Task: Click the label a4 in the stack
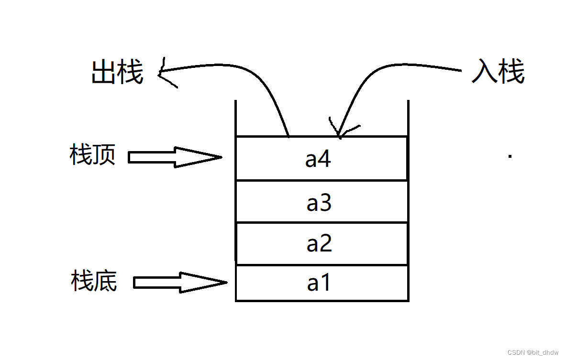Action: point(318,159)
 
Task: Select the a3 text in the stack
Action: point(319,203)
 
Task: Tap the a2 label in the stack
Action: point(319,244)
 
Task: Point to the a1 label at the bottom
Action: point(319,283)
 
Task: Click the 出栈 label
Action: point(117,73)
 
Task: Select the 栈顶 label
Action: point(92,155)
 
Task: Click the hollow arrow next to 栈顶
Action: point(175,157)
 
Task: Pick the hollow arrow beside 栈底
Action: point(179,283)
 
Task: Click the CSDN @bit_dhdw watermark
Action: point(533,352)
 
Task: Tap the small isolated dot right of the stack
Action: point(510,156)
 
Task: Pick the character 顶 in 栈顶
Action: point(104,155)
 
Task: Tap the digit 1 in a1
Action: point(325,283)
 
